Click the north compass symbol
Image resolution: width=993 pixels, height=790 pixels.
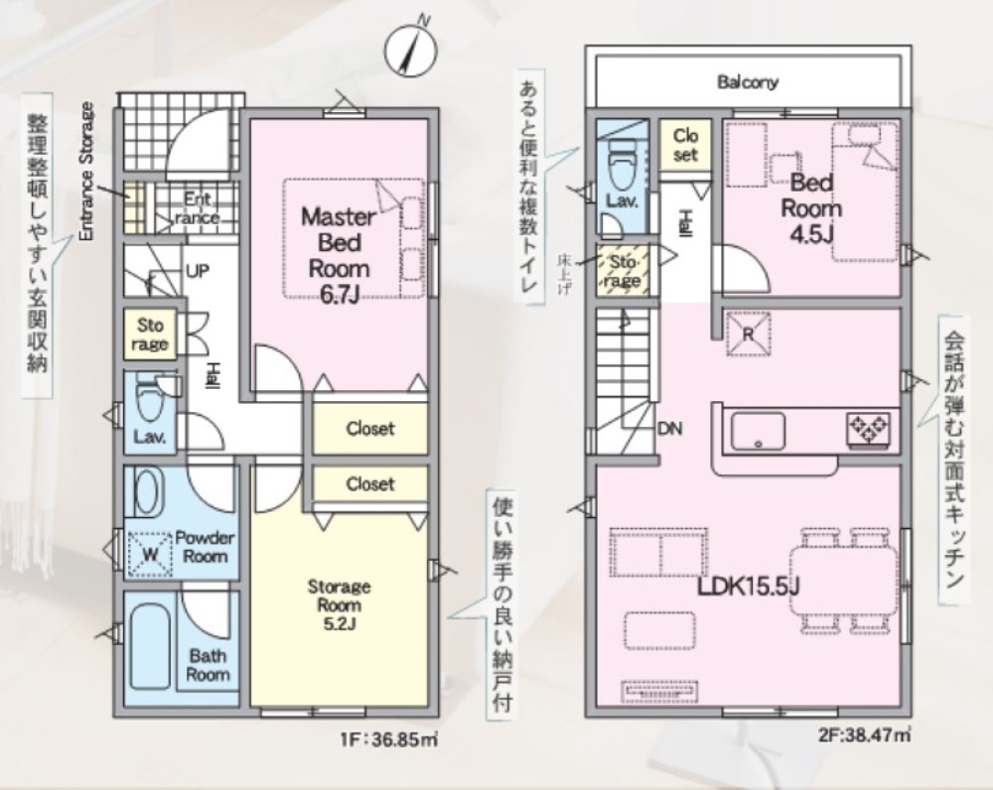[410, 50]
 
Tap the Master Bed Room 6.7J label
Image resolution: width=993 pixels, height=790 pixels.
[339, 255]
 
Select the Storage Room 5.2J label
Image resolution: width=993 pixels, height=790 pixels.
[339, 604]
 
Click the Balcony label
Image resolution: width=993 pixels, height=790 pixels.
[748, 81]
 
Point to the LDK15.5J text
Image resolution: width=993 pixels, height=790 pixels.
[748, 587]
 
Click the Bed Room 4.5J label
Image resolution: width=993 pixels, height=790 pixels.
[811, 208]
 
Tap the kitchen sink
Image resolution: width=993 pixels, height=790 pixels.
[758, 431]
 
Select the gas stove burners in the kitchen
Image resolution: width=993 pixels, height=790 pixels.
[868, 430]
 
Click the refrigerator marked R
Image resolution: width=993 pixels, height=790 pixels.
[748, 333]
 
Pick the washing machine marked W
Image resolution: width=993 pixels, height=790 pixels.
[150, 554]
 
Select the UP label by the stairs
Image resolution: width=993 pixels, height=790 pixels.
[198, 272]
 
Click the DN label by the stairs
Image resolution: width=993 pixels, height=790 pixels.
[669, 429]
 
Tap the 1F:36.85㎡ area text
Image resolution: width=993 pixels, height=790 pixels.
[389, 739]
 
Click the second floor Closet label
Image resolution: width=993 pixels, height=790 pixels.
[685, 145]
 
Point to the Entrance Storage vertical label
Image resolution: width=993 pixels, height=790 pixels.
[86, 171]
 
